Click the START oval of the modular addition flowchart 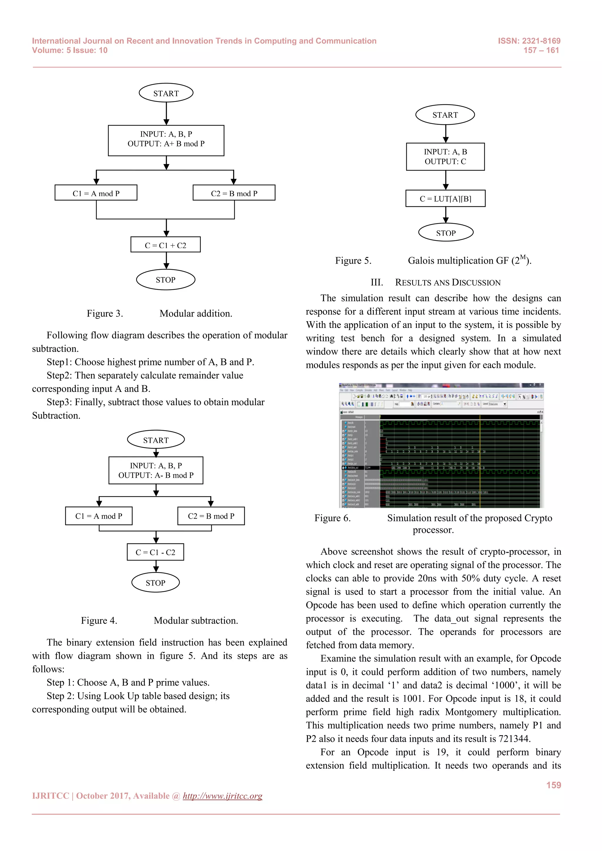(x=166, y=93)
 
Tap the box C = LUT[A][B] (x=445, y=199)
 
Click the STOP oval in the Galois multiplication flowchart (x=446, y=233)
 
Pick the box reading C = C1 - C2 (x=155, y=552)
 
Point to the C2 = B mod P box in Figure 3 (x=234, y=193)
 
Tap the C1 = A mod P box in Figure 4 (x=98, y=516)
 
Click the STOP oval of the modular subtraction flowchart (x=155, y=583)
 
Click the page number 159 (x=553, y=785)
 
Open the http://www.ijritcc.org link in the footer (x=223, y=796)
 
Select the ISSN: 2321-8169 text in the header (x=529, y=41)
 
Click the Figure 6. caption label (x=332, y=518)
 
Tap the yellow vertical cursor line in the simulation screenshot (x=480, y=463)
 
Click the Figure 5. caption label (x=353, y=261)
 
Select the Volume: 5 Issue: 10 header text (x=70, y=51)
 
